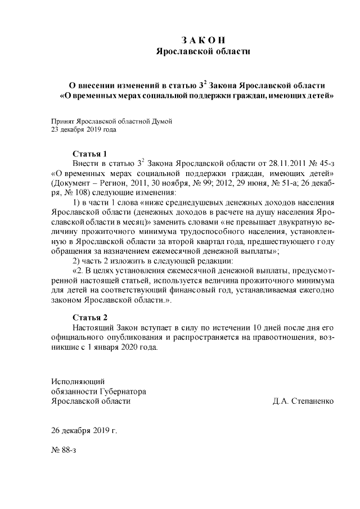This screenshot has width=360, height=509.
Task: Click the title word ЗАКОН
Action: point(203,40)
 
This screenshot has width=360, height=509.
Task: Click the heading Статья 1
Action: point(90,154)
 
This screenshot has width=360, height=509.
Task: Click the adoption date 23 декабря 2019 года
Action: point(83,129)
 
